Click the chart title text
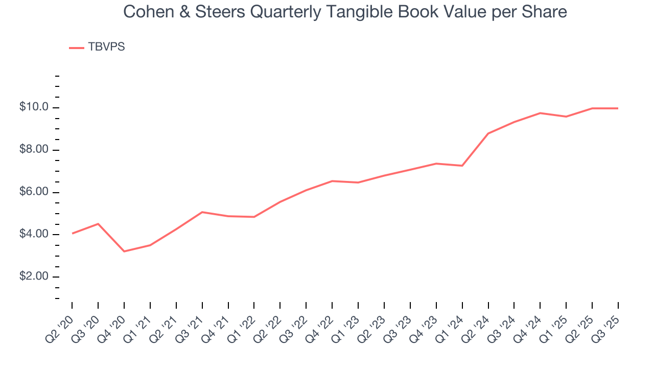point(345,12)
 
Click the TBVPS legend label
point(106,47)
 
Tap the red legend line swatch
point(77,48)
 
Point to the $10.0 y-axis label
point(34,107)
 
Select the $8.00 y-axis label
point(34,150)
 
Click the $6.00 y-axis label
point(34,192)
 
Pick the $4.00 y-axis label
point(34,235)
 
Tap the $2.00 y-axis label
point(34,277)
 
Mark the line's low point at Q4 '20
point(124,251)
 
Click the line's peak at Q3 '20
point(98,223)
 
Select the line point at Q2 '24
point(488,133)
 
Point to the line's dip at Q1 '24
point(462,166)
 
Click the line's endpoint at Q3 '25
point(618,108)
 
